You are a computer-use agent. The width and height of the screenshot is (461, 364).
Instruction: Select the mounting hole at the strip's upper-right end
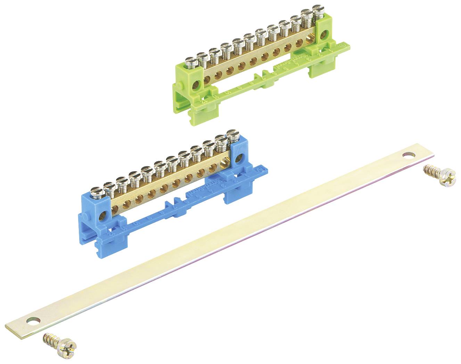[x=410, y=156]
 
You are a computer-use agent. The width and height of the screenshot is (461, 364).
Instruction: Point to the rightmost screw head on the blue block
[x=231, y=133]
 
